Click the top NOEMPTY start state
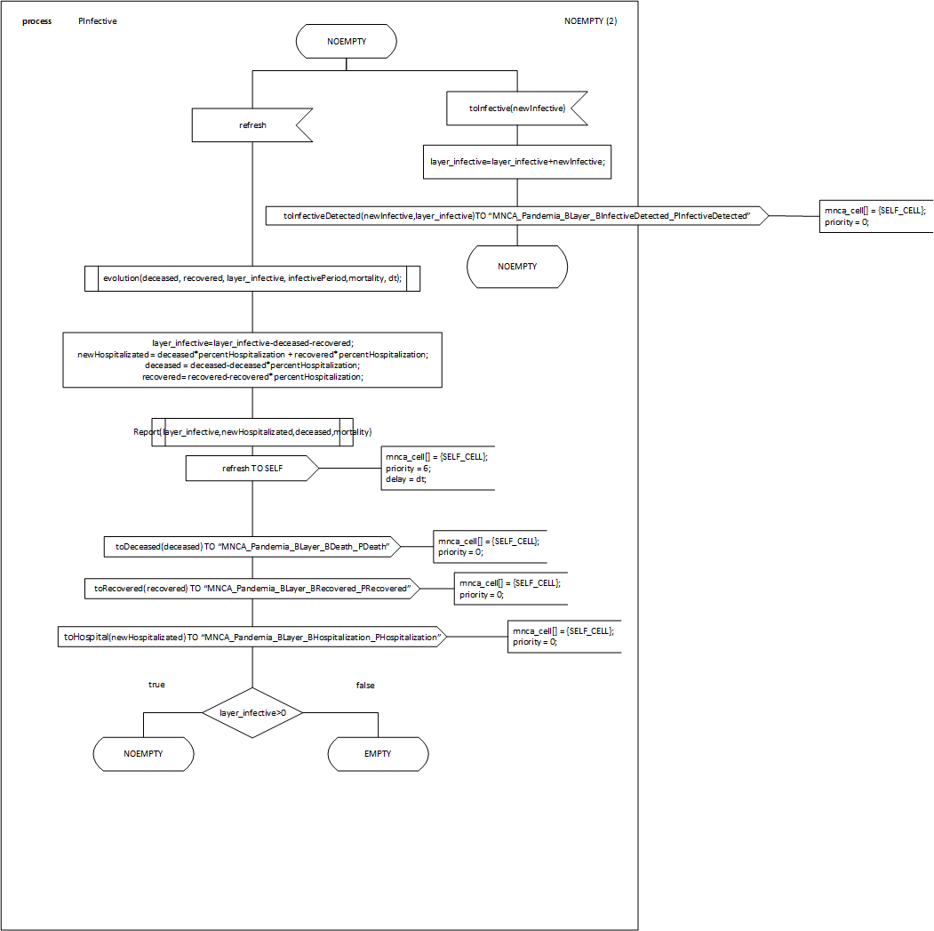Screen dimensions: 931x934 point(347,41)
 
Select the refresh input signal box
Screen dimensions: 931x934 point(253,125)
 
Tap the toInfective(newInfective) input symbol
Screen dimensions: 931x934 point(516,108)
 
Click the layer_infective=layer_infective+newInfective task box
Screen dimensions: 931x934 point(516,162)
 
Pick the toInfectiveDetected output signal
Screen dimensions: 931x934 point(516,216)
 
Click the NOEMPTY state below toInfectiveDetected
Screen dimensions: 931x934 point(517,266)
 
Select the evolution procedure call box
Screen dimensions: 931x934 point(252,278)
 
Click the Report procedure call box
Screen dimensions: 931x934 point(252,432)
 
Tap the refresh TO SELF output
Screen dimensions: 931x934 point(252,469)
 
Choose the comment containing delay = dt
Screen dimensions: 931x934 point(436,468)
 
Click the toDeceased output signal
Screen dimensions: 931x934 point(252,547)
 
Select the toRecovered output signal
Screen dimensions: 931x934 point(252,589)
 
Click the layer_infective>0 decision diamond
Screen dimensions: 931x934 point(252,712)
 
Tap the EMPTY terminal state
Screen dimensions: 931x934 point(378,754)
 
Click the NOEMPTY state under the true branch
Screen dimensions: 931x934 point(143,754)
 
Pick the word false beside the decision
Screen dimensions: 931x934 point(365,686)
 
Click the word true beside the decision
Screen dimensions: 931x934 point(156,685)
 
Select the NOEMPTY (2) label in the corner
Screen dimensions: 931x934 point(590,21)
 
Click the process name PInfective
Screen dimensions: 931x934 point(98,21)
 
